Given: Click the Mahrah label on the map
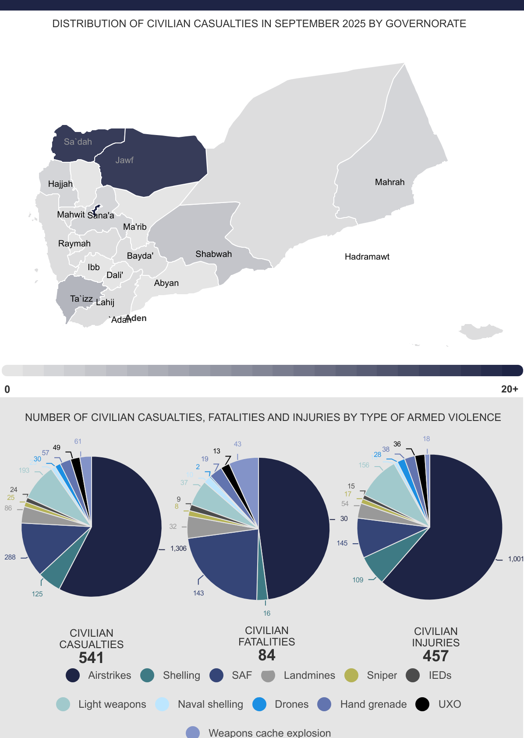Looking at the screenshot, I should tap(389, 182).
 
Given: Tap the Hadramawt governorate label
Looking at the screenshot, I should tap(367, 257).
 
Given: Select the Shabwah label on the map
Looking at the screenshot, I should tap(213, 254).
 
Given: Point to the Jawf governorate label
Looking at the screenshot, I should tap(124, 160).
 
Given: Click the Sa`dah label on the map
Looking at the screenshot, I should tap(78, 142).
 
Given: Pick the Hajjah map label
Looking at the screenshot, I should tap(60, 184).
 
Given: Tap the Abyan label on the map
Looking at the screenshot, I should tap(166, 283).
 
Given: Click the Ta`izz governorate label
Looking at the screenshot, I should tap(81, 299).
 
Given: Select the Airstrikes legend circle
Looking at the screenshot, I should tap(73, 675).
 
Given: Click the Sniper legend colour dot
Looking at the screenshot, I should tap(351, 675).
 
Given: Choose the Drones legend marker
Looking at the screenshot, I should tap(259, 704).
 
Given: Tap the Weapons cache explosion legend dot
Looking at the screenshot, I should tap(193, 732).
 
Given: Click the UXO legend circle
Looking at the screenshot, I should tap(422, 704).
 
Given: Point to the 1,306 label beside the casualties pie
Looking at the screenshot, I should tap(178, 548).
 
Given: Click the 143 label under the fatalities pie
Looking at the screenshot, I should tap(198, 593).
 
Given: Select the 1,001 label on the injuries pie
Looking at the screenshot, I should tap(515, 559).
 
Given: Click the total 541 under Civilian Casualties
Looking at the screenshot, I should tap(91, 658).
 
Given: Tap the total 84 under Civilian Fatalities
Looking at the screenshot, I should tap(266, 655).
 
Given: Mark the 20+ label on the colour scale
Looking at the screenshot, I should tap(510, 389).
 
